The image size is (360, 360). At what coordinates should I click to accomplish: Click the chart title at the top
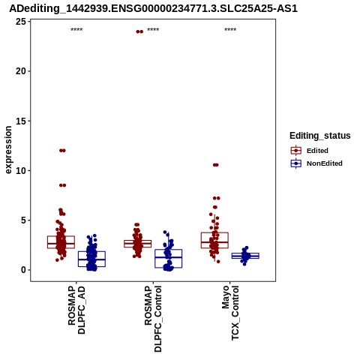coord(154,8)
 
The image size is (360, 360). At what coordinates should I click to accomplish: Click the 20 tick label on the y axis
coord(21,71)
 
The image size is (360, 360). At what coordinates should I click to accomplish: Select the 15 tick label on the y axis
coord(21,121)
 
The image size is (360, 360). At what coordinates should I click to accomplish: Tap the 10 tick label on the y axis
coord(21,171)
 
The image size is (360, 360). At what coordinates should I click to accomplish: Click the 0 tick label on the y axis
coord(24,270)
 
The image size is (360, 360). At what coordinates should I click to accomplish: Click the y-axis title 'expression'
coord(8,150)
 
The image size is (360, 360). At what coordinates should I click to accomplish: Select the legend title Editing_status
coord(320,136)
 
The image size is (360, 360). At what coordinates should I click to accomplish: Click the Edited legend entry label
coord(317,151)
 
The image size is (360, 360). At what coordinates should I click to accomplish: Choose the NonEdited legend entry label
coord(325,163)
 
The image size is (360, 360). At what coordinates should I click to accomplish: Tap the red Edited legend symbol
coord(296,151)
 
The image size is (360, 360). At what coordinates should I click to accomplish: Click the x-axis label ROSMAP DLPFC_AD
coord(76,310)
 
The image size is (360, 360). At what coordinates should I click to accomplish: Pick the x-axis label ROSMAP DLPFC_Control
coord(153,319)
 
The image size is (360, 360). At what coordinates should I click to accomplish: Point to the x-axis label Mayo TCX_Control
coord(230,313)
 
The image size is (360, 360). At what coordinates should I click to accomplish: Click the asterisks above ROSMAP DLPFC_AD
coord(76,30)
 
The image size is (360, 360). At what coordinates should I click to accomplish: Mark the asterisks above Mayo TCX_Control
coord(230,30)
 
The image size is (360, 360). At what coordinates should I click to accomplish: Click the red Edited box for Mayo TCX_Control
coord(214,232)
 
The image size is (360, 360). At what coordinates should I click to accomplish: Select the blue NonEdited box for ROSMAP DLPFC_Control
coord(168,250)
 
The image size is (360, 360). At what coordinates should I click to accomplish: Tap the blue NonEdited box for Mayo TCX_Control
coord(245,253)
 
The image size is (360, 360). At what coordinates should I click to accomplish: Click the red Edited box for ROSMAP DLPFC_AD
coord(61,236)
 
